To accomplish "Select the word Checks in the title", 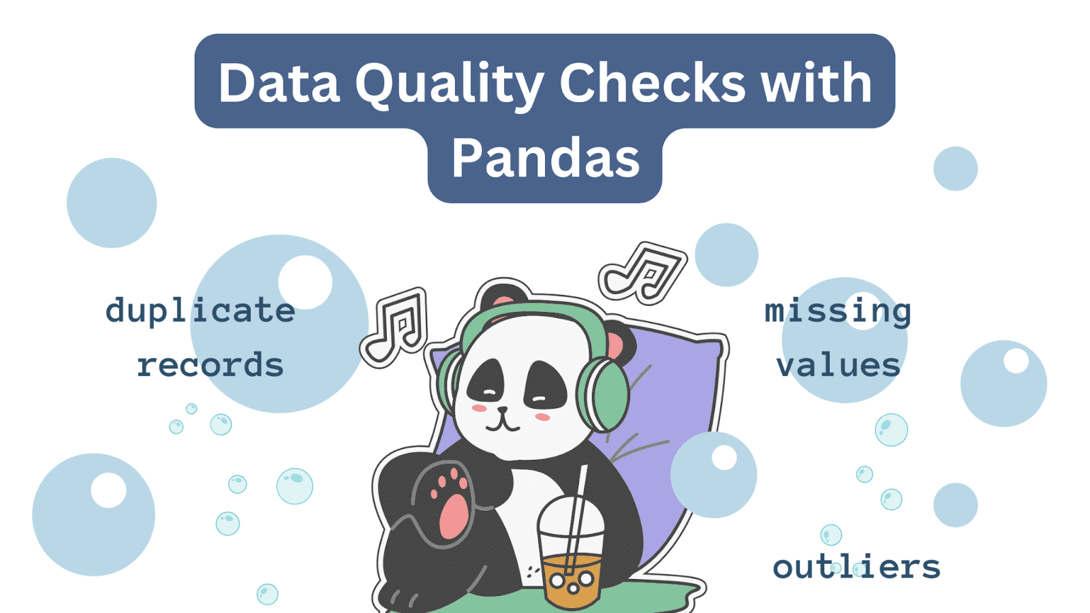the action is click(652, 83).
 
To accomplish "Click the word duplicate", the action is click(200, 311).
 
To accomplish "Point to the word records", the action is click(211, 365).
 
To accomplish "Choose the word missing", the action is click(837, 311).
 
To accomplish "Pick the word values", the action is click(837, 365).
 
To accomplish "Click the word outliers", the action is click(856, 566).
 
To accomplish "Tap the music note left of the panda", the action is click(395, 327).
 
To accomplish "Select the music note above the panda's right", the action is click(643, 272).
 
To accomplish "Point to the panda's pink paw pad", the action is click(454, 517).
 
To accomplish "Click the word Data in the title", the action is click(279, 83).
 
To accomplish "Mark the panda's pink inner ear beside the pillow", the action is click(615, 345).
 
